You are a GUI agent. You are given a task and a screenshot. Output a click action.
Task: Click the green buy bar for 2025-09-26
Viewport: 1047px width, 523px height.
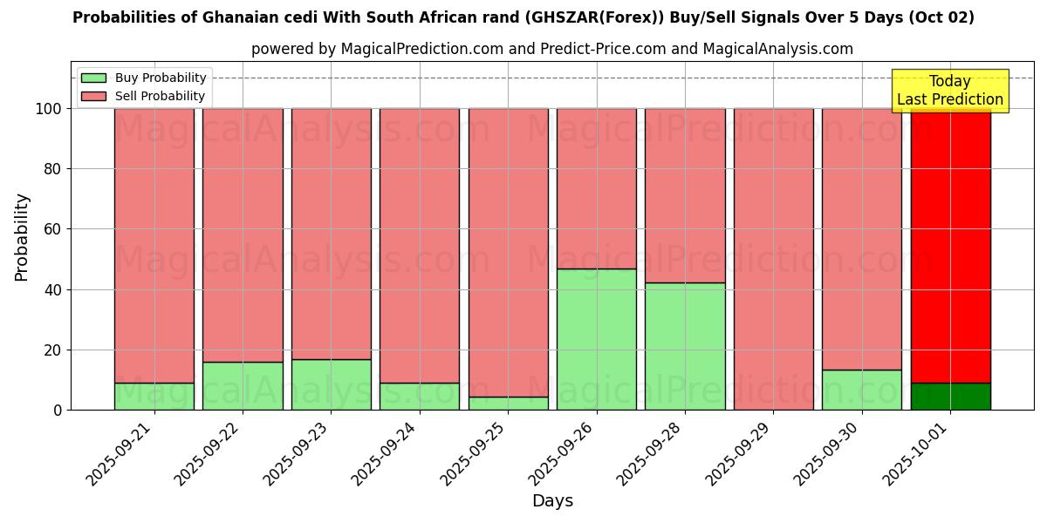(x=597, y=339)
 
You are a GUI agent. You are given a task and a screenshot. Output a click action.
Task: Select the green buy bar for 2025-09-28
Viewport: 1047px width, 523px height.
(x=685, y=346)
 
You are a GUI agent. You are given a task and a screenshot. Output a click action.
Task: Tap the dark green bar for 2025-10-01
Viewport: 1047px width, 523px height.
(x=950, y=397)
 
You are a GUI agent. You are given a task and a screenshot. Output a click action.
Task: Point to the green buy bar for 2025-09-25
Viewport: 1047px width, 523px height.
(x=508, y=404)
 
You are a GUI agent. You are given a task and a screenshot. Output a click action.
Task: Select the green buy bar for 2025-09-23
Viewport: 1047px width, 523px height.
(x=331, y=384)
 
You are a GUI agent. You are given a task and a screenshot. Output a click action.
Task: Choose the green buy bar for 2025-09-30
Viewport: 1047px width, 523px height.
(x=862, y=390)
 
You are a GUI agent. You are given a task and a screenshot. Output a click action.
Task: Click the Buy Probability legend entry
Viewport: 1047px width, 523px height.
(x=144, y=78)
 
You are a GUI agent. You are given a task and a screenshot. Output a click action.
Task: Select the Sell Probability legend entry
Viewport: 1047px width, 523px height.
(x=144, y=96)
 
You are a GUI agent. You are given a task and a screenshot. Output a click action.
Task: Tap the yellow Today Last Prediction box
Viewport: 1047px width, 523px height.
(x=949, y=91)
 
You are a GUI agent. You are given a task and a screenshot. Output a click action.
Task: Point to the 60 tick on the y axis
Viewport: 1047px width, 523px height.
(x=53, y=229)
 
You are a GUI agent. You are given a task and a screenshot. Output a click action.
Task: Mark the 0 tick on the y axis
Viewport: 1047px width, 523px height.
(x=58, y=410)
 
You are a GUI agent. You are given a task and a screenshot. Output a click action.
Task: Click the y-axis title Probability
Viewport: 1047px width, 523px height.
(x=22, y=237)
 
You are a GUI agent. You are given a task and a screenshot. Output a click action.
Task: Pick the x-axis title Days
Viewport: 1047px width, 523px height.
(x=552, y=501)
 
